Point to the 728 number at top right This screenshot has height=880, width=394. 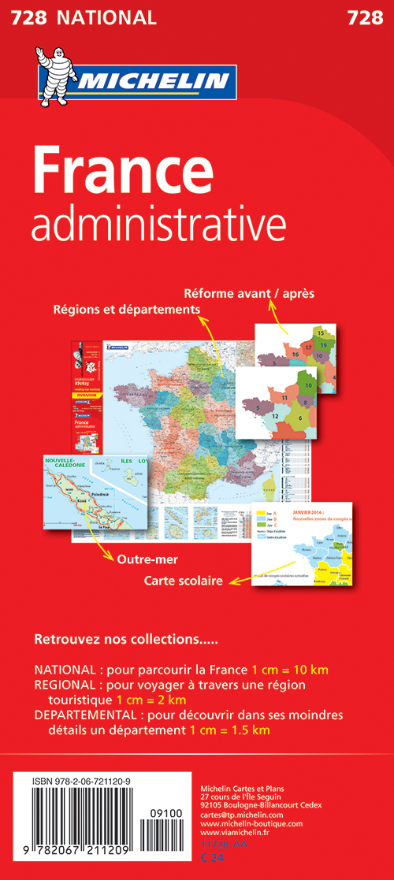point(364,17)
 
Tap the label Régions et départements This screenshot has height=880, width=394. point(126,310)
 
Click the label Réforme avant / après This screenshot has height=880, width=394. point(249,293)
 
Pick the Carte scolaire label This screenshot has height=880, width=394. point(184,581)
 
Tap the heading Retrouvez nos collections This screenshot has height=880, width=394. point(126,637)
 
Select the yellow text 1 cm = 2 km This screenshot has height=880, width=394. point(151,700)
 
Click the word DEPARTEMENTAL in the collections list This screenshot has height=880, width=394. point(83,715)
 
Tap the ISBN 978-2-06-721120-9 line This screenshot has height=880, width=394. point(98,782)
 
